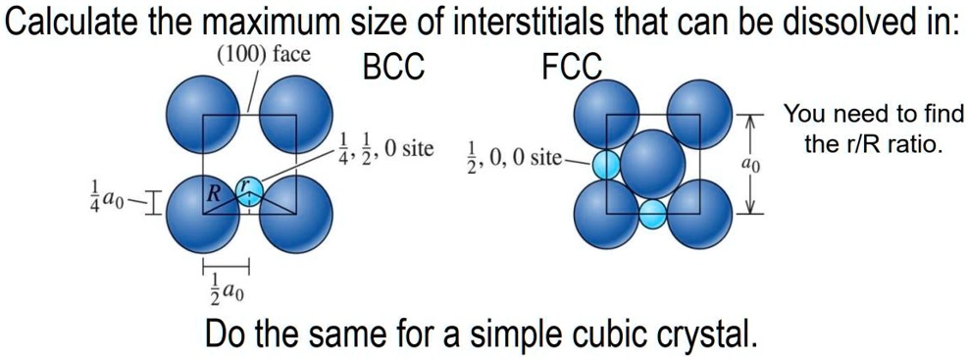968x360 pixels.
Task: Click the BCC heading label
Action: tap(393, 67)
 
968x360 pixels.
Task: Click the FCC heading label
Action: tap(570, 67)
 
